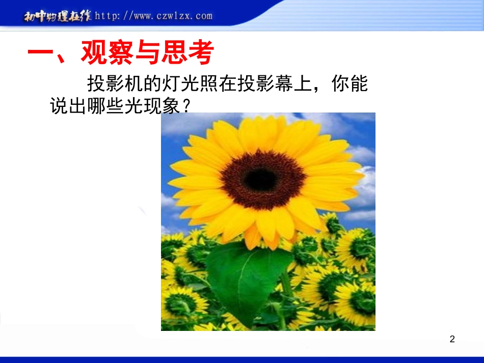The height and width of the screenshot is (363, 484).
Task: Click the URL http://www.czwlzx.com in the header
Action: pyautogui.click(x=153, y=16)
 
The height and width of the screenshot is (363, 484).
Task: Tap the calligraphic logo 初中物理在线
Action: pyautogui.click(x=57, y=16)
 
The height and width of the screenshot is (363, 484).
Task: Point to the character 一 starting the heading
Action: pyautogui.click(x=40, y=53)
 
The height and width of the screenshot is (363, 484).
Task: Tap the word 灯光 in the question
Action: pyautogui.click(x=176, y=83)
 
